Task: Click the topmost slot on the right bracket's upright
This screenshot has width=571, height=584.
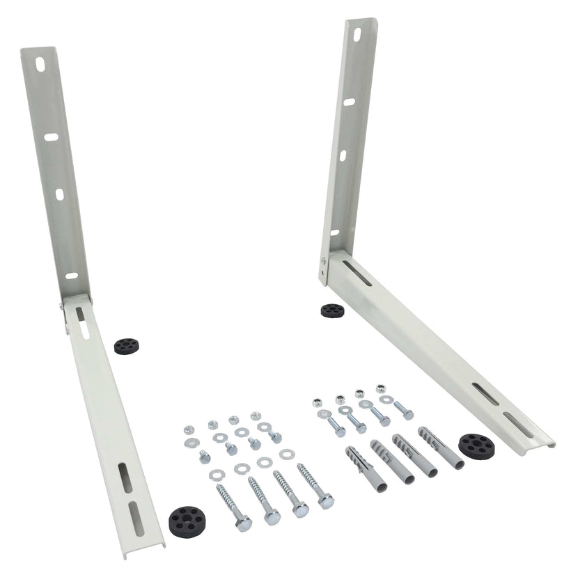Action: point(356,33)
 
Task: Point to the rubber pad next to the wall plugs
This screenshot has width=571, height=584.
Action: point(476,445)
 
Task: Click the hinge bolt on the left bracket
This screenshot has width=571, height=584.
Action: point(62,305)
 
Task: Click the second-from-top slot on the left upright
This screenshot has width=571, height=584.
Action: point(51,136)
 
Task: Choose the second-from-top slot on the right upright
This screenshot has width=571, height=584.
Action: point(348,101)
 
